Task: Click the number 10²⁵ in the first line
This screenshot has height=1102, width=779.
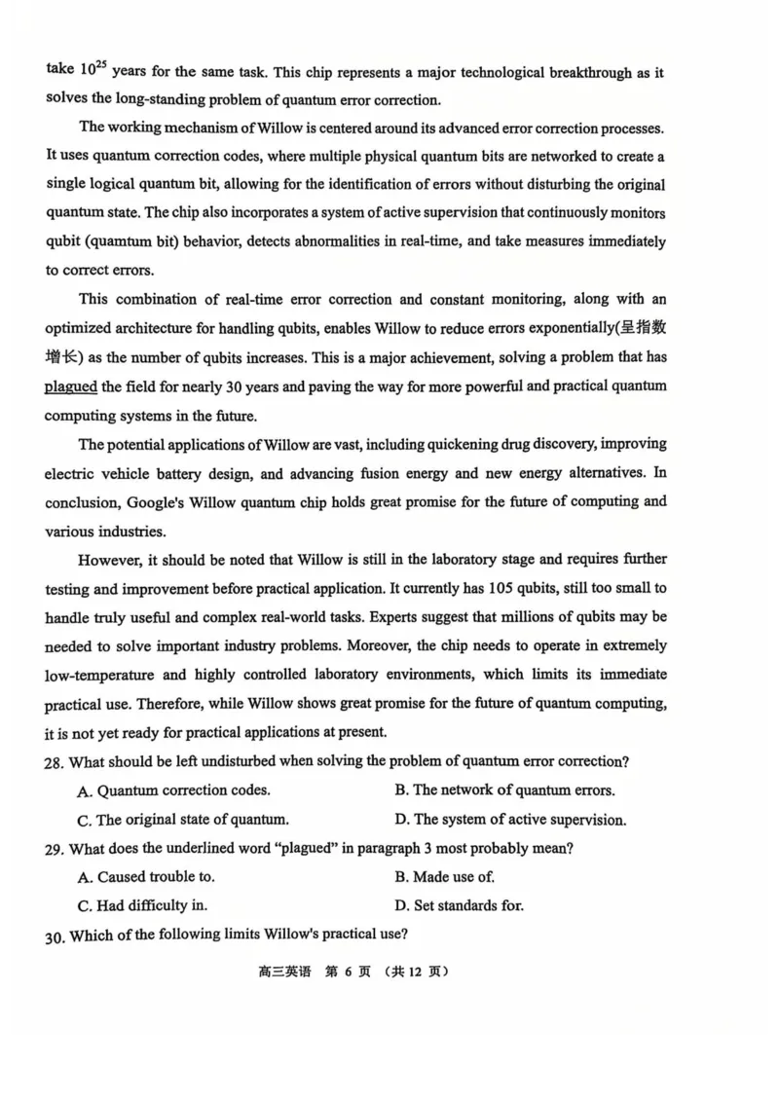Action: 94,70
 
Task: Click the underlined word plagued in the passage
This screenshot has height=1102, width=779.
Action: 70,386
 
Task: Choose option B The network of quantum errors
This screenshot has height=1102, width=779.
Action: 504,790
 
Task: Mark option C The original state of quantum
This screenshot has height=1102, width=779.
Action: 182,820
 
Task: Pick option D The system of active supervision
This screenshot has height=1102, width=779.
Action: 510,820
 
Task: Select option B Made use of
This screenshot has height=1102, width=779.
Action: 444,876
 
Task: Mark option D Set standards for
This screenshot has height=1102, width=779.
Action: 459,905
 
